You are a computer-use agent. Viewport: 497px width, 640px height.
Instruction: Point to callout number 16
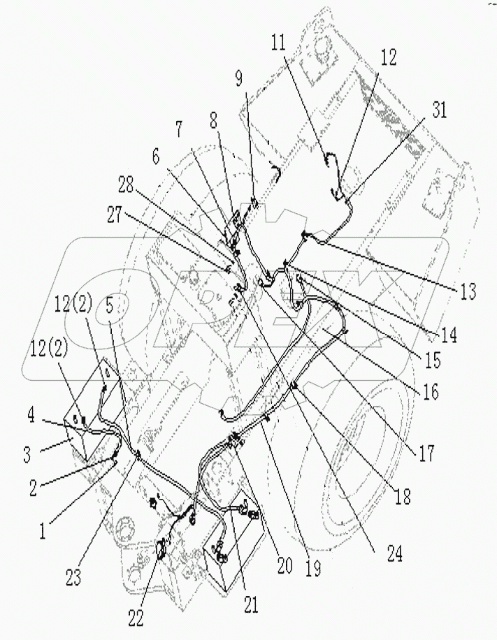[431, 391]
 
